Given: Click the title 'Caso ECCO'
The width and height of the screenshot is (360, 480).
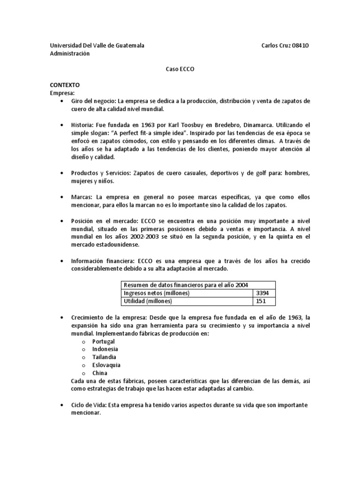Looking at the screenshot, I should coord(180,69).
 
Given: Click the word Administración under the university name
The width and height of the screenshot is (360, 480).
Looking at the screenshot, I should coord(70,53).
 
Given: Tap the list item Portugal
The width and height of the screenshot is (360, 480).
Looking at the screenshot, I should coord(103,341).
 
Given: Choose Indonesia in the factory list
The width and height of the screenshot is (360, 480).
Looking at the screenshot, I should coord(105,349).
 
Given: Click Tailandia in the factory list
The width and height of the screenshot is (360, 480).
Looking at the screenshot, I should coord(104,357).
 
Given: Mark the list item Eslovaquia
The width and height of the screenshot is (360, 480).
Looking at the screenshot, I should coord(106,365).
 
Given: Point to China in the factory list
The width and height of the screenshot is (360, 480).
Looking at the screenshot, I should coord(99,373).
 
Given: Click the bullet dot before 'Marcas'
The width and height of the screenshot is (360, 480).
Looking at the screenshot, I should coord(62,197).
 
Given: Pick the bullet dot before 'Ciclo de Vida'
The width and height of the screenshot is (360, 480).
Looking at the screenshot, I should coord(62,405).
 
